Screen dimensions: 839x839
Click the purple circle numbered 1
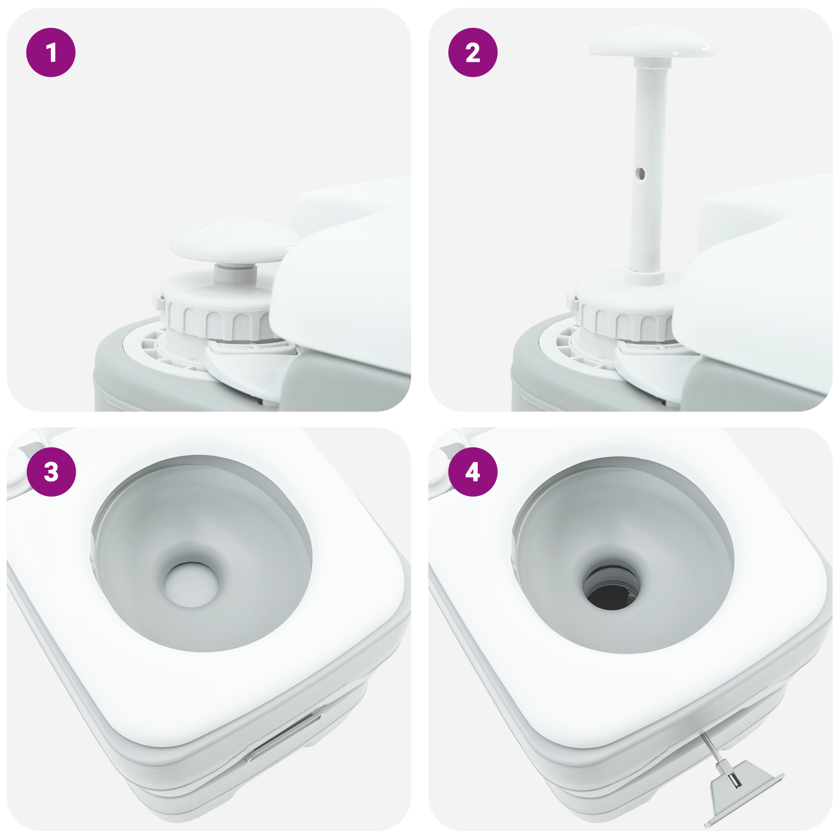tap(51, 52)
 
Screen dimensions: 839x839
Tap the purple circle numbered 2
tap(472, 52)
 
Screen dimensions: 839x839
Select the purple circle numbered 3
tap(51, 471)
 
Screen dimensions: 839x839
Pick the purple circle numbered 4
tap(472, 471)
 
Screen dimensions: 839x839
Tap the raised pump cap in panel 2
tap(652, 42)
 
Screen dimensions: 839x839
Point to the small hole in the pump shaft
tap(640, 174)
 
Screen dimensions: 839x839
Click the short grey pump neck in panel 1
tap(234, 273)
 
